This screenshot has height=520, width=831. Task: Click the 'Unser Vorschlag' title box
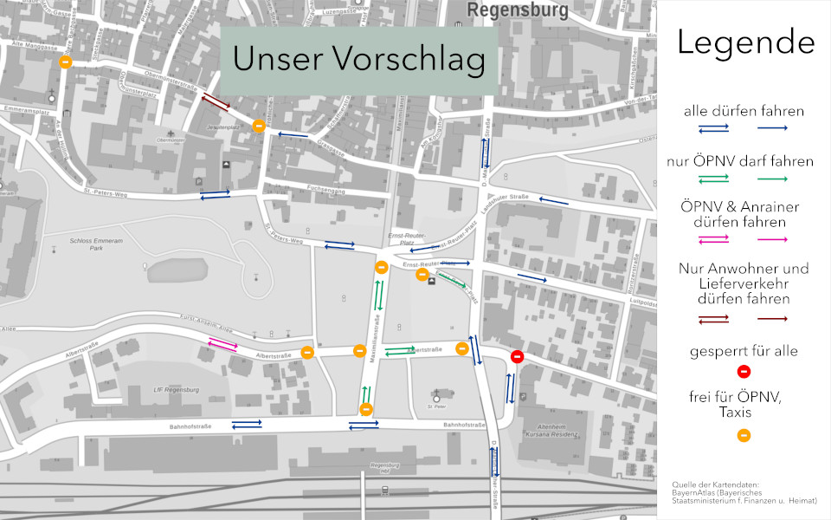pyautogui.click(x=358, y=59)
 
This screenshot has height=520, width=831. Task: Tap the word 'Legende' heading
pyautogui.click(x=744, y=42)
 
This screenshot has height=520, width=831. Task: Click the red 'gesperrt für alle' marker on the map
pyautogui.click(x=517, y=356)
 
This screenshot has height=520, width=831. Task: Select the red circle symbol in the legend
pyautogui.click(x=744, y=372)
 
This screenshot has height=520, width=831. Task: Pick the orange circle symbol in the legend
pyautogui.click(x=744, y=435)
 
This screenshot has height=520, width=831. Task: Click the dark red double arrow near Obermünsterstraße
pyautogui.click(x=216, y=103)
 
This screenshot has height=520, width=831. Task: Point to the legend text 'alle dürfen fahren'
pyautogui.click(x=744, y=111)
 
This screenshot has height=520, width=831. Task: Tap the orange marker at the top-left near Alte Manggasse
pyautogui.click(x=65, y=62)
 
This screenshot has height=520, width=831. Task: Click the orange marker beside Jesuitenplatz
pyautogui.click(x=258, y=127)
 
